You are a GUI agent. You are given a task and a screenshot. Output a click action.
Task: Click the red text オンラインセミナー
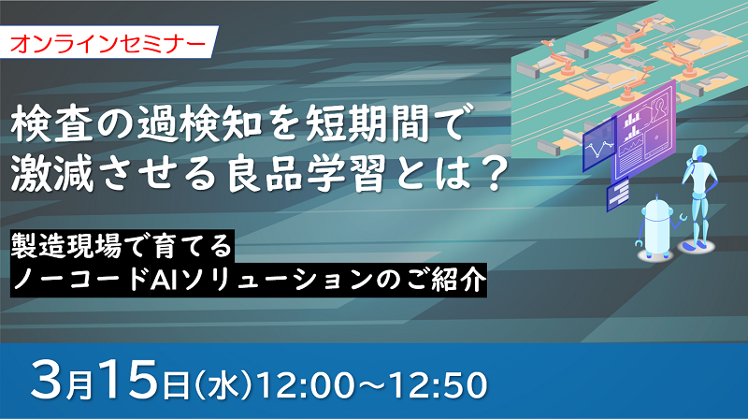(108, 44)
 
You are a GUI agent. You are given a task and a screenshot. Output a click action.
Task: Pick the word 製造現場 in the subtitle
(65, 246)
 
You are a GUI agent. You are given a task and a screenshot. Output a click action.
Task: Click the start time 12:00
(306, 384)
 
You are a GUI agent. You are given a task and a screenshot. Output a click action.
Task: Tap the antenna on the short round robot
(657, 198)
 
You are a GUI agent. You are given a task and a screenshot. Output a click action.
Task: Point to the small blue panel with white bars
(618, 194)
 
